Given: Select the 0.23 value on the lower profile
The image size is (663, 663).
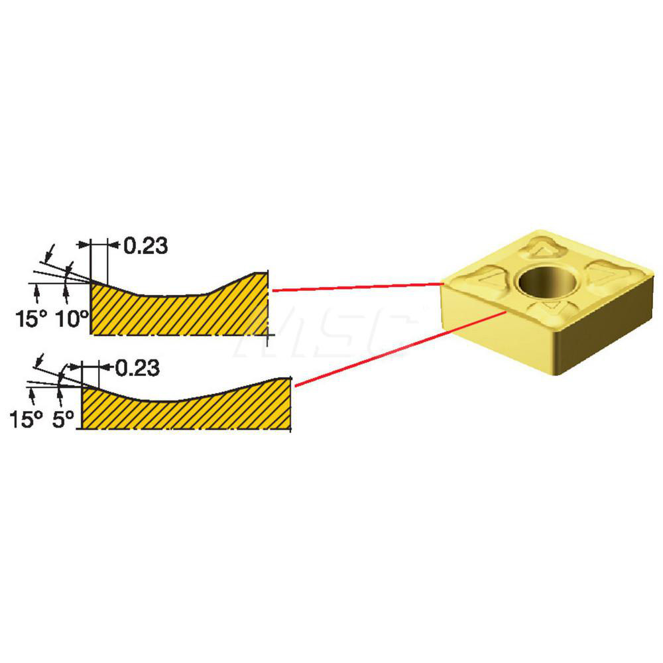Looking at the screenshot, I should coord(137,368).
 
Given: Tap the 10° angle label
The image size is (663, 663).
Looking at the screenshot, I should coord(73,319).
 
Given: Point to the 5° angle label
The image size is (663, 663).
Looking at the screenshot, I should coord(64,420).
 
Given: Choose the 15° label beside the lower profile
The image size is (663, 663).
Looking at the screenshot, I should coord(26,420).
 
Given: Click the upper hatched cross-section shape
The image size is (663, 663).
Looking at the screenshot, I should coord(179,312).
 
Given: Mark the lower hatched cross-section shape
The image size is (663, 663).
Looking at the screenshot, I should coord(186,411).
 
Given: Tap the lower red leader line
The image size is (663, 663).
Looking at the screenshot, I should coord(398,347).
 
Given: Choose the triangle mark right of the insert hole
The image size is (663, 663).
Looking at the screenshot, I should coord(603,271).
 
